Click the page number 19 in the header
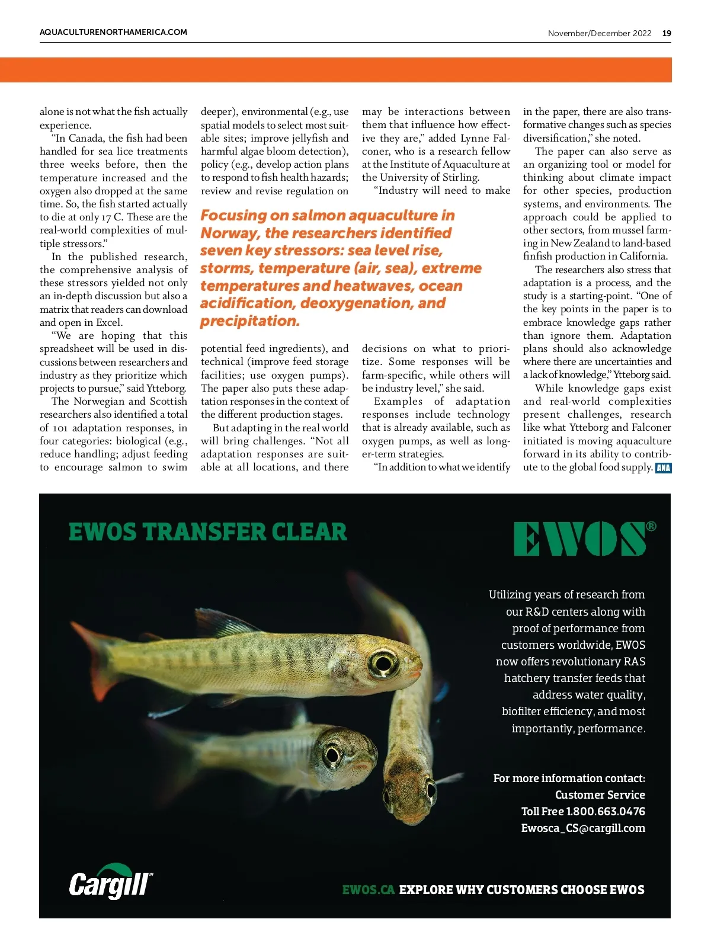[667, 33]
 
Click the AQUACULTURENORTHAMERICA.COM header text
[113, 32]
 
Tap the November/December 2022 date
[599, 33]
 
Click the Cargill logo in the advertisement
[110, 883]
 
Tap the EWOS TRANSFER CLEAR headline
[207, 531]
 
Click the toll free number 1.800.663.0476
[606, 811]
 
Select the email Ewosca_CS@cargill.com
[583, 828]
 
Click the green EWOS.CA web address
[368, 889]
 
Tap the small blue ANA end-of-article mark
[663, 467]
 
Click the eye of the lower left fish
[332, 754]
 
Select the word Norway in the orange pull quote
[229, 233]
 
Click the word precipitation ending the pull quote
[249, 321]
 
